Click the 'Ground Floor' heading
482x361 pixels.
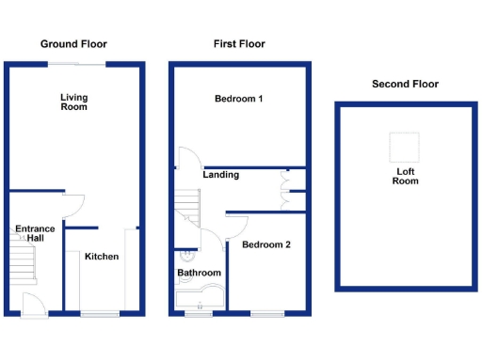tap(73, 44)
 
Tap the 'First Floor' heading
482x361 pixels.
tap(239, 44)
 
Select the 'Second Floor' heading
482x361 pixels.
tap(405, 84)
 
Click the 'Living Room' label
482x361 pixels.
tap(73, 102)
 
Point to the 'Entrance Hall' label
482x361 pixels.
tap(35, 233)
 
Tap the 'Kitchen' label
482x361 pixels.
tap(102, 257)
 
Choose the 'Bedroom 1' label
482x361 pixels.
tap(238, 99)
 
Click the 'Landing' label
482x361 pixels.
tap(220, 175)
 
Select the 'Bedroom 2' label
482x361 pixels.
tap(266, 245)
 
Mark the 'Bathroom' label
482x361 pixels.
tap(200, 274)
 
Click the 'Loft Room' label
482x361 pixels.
tap(406, 176)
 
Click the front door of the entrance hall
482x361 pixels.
tap(34, 304)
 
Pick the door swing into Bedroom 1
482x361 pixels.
tap(186, 158)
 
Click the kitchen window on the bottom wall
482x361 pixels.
tap(100, 313)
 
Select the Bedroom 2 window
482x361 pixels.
tap(266, 313)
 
